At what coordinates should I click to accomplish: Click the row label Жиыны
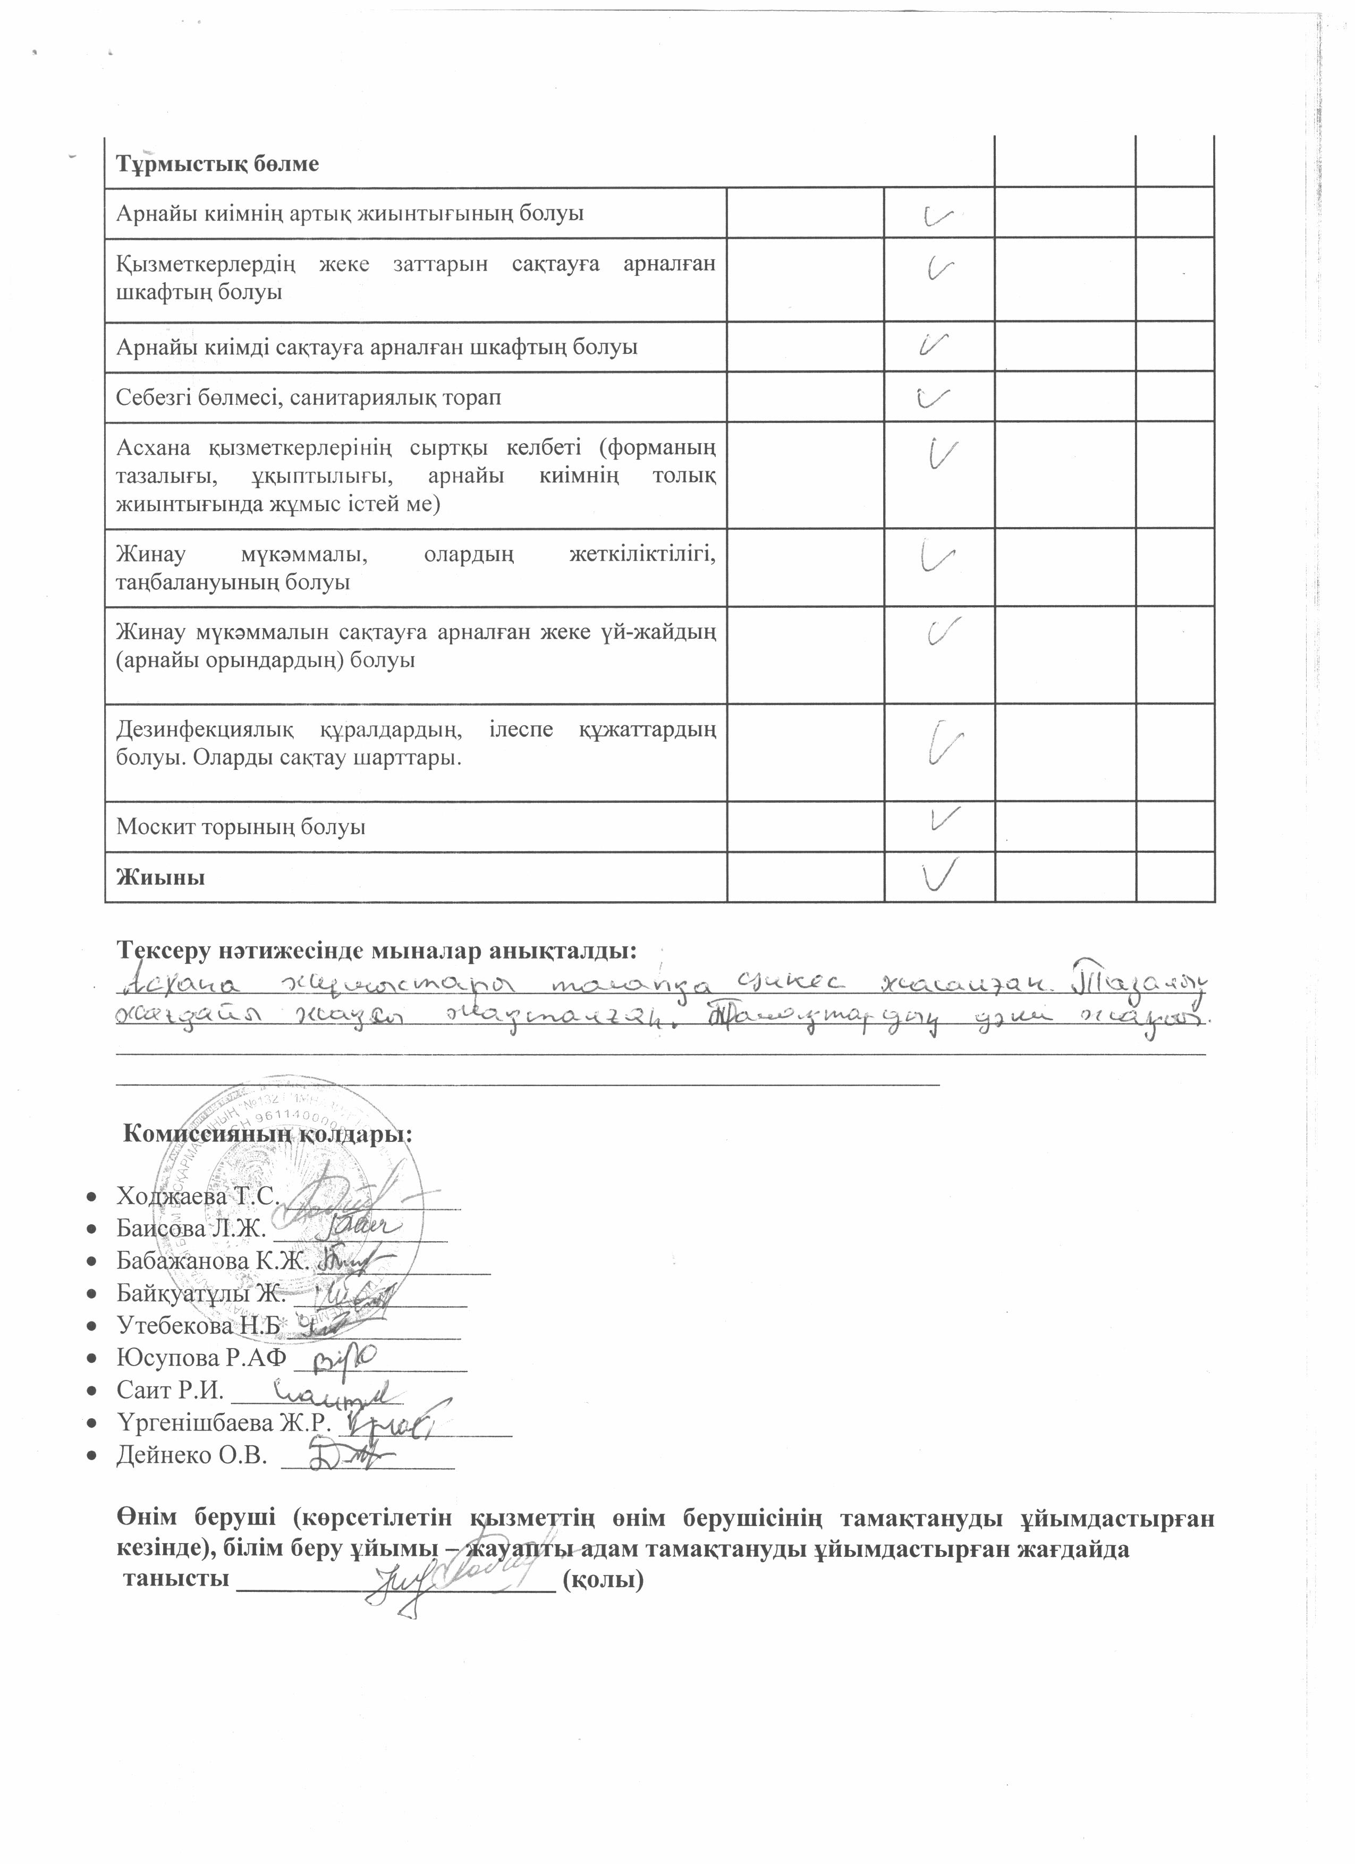pos(161,877)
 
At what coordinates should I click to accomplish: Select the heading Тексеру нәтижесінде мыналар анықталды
pos(377,951)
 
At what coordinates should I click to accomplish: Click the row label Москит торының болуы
pos(241,827)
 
